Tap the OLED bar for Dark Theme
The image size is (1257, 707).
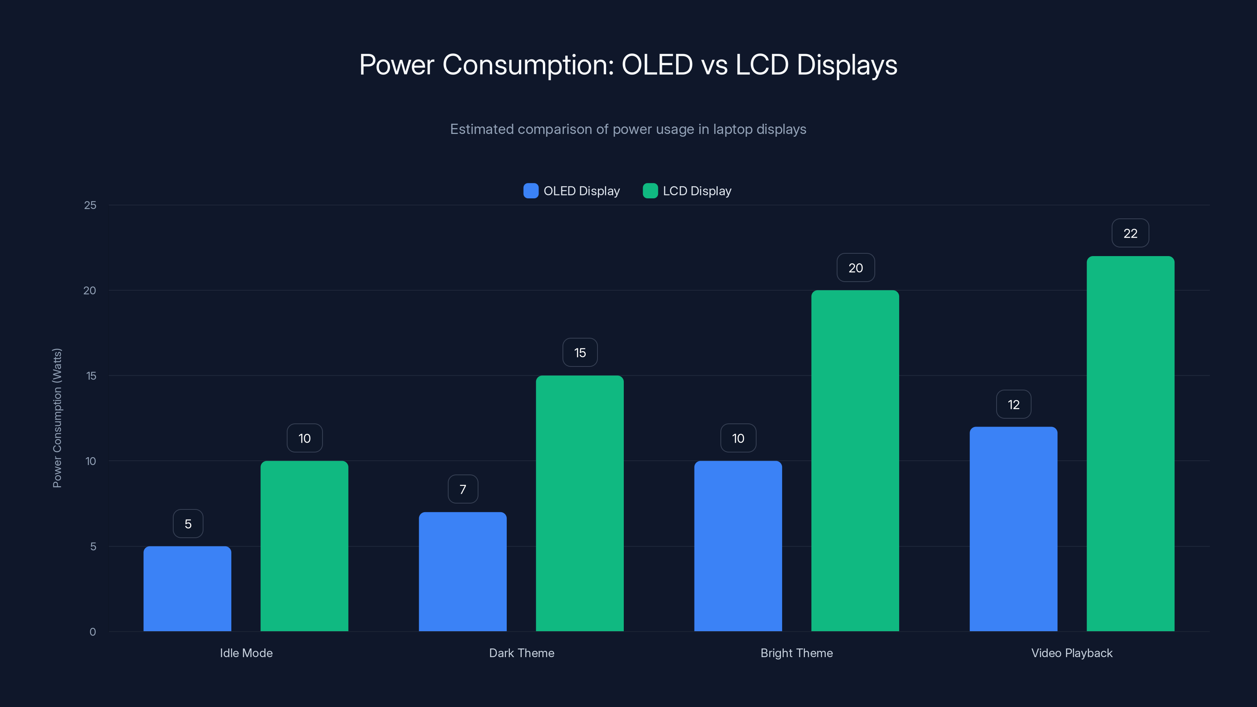[463, 571]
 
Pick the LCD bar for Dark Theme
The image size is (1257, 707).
[580, 503]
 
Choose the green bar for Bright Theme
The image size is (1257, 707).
[855, 461]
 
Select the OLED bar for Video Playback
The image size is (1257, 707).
[1013, 529]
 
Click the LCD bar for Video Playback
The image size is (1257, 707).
[1130, 443]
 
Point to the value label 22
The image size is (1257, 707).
[1130, 233]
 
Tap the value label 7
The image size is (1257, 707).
[463, 489]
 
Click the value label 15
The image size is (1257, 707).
[580, 352]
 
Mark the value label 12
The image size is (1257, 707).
[1013, 404]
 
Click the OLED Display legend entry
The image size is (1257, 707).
[572, 191]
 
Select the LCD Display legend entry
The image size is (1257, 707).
[687, 191]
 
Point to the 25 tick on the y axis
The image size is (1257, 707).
[90, 205]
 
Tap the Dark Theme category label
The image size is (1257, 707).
[521, 653]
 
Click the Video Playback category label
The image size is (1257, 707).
[1072, 653]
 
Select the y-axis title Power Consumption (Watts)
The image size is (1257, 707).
[57, 418]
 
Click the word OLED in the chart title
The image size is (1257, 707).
[657, 64]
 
